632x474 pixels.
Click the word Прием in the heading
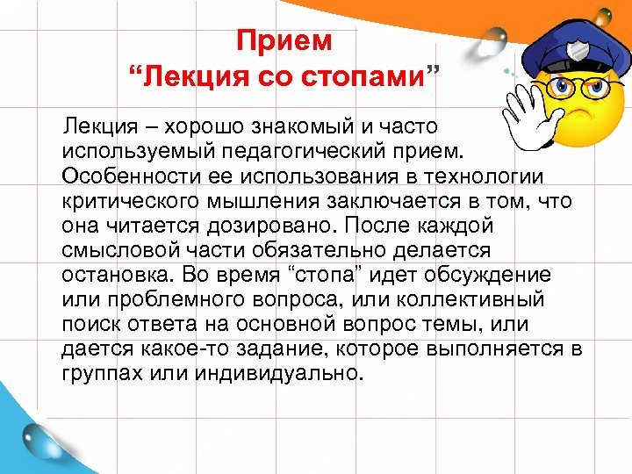click(285, 41)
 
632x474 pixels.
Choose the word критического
click(131, 201)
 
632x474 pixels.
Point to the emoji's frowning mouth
click(580, 119)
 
